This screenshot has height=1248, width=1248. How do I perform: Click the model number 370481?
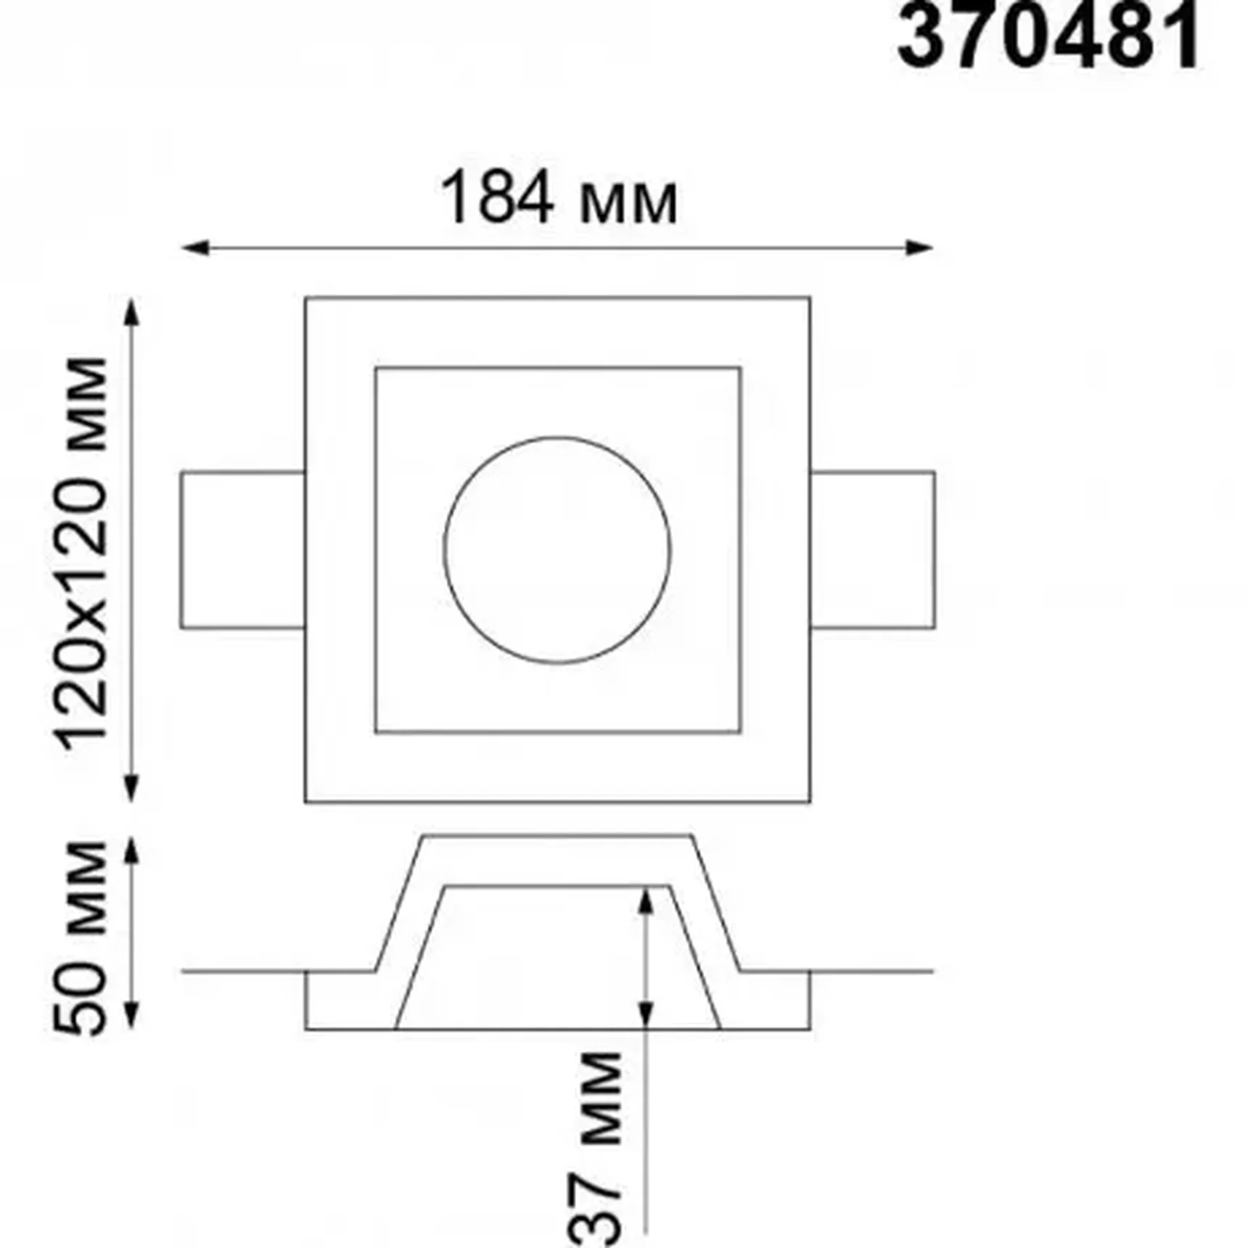pos(1048,36)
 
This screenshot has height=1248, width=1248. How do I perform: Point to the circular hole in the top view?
pos(557,550)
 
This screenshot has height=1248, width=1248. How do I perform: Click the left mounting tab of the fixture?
pos(242,550)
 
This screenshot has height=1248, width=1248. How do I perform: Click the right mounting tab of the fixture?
pos(872,550)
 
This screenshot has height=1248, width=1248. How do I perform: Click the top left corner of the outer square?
pos(305,297)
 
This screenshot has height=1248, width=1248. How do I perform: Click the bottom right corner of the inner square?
pos(740,731)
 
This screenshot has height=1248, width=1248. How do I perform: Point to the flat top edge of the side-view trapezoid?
pos(557,837)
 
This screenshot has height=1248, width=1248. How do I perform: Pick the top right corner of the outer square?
pos(810,297)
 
